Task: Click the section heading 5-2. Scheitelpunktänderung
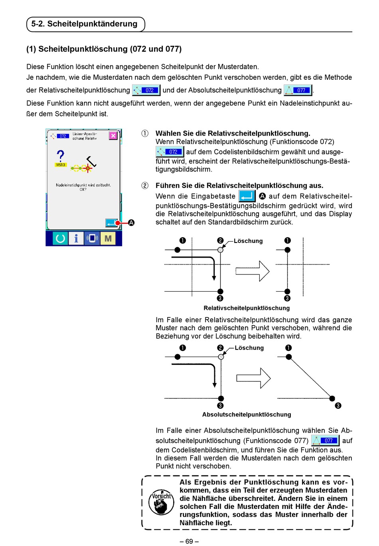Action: [x=85, y=24]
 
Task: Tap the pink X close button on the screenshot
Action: [x=113, y=136]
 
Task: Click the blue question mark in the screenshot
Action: [x=60, y=156]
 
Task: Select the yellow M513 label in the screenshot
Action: [x=60, y=165]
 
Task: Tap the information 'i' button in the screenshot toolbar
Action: [x=76, y=239]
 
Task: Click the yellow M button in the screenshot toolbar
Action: [x=108, y=239]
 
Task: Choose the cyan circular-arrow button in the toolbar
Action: [x=60, y=239]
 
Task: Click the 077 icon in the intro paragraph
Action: [x=298, y=90]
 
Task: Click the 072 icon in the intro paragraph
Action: [x=146, y=90]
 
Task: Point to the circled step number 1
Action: [x=145, y=134]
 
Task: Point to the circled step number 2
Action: [x=145, y=185]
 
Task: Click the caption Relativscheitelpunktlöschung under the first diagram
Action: [x=247, y=308]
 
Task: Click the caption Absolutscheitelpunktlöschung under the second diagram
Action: [x=247, y=414]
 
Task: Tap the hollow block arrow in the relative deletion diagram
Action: [x=252, y=271]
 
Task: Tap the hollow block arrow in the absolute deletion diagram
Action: [x=253, y=378]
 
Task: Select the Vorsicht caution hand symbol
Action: [x=161, y=503]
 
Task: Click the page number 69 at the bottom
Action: [x=189, y=541]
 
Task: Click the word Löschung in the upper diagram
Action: [x=248, y=241]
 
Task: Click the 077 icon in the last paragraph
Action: [x=325, y=441]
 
